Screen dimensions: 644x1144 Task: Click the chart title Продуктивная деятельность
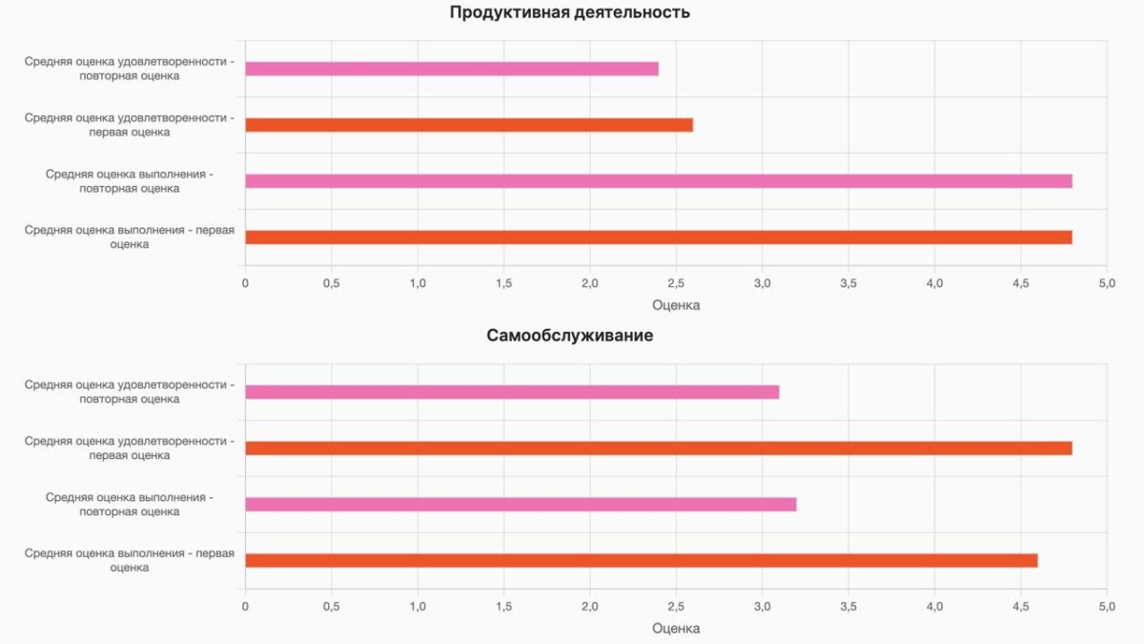tap(570, 12)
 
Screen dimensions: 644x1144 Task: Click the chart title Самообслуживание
tap(570, 336)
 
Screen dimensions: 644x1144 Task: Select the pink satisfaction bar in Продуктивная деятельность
tap(452, 69)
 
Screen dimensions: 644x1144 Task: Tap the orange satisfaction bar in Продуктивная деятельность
tap(469, 125)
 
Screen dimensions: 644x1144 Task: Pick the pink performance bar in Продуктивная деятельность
tap(658, 181)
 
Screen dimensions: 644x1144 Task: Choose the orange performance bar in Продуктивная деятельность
tap(658, 238)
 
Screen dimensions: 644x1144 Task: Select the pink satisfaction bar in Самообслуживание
tap(512, 392)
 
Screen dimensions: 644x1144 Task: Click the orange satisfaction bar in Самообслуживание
tap(658, 448)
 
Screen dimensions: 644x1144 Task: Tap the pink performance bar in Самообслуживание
tap(521, 505)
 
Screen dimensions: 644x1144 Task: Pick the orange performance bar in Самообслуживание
tap(641, 561)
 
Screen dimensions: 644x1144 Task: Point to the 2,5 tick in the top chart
tap(676, 283)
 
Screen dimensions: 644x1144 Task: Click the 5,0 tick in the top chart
tap(1107, 283)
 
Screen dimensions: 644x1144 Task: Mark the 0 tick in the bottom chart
tap(245, 607)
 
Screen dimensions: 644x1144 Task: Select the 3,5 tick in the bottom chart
tap(848, 607)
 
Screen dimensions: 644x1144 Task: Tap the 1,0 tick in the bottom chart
tap(418, 607)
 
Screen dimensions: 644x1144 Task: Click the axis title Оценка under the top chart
tap(676, 305)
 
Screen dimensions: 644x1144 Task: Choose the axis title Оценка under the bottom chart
tap(676, 629)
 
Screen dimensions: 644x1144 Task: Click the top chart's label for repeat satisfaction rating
tap(130, 69)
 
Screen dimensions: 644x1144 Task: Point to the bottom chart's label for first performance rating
tap(130, 561)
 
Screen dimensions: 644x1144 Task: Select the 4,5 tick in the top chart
tap(1021, 283)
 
